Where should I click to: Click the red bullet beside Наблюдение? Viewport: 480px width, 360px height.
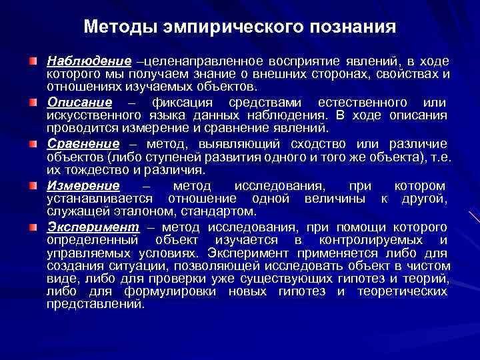33,61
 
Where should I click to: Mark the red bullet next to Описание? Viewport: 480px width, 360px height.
33,103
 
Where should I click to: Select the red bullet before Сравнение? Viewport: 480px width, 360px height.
33,144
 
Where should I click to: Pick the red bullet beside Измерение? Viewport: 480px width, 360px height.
33,185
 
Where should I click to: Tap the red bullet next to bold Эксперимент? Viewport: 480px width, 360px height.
33,227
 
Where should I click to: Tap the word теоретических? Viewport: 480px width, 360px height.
403,292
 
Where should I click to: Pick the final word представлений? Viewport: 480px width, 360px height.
95,305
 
